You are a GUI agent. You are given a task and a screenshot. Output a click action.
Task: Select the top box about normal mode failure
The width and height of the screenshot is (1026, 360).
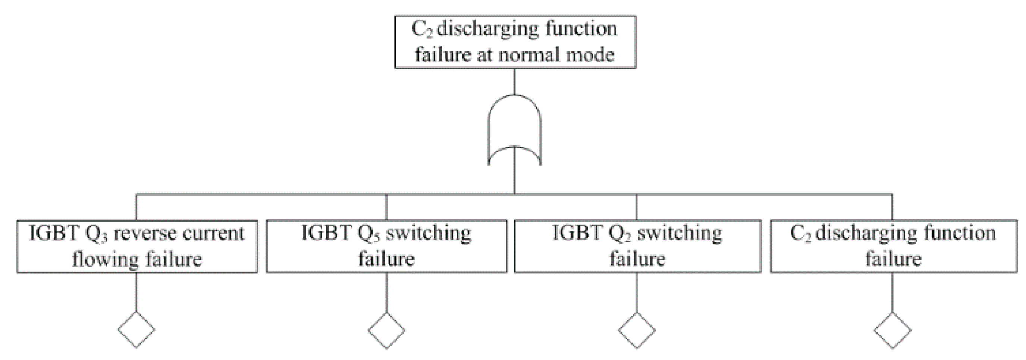515,42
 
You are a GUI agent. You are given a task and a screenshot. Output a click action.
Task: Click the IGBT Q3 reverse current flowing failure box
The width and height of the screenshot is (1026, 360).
137,247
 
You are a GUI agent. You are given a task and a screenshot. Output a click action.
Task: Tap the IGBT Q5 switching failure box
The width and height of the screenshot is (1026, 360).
386,247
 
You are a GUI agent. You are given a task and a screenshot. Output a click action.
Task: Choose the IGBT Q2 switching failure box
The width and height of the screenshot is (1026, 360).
637,247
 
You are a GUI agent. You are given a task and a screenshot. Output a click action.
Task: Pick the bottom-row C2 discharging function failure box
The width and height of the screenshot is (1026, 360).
893,247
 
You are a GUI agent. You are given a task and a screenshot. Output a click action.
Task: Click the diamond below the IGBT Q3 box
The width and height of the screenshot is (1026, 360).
136,330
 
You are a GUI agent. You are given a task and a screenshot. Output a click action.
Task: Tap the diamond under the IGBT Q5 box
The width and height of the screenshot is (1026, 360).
386,330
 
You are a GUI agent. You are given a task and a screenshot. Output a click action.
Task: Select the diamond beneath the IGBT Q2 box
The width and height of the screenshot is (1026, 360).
637,330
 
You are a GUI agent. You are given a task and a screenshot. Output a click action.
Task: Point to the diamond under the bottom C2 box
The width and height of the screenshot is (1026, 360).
892,330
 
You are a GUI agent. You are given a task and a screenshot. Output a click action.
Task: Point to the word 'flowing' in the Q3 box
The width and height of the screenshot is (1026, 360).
105,260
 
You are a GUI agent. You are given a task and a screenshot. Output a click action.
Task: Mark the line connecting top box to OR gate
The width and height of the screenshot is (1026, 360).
514,81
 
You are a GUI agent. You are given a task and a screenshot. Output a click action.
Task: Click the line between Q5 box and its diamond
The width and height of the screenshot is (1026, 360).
386,293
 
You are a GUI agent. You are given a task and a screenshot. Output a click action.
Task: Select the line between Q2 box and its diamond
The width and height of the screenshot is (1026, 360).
637,293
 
